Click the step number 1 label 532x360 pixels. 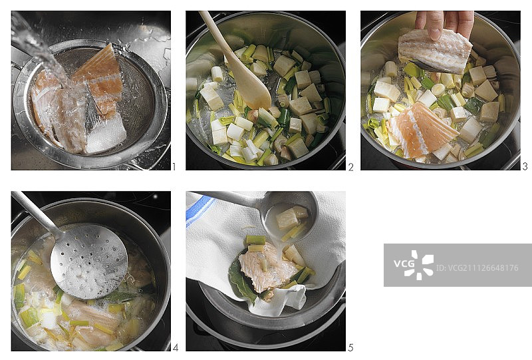pos(174,167)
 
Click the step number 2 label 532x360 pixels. pos(351,167)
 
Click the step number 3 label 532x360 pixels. pos(525,167)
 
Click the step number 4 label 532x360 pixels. pos(175,348)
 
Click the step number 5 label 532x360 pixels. pos(350,348)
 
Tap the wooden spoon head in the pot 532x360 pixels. pos(253,88)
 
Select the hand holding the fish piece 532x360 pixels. pos(444,24)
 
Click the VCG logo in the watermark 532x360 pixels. pos(413,265)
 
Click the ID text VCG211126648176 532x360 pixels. pos(477,268)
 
